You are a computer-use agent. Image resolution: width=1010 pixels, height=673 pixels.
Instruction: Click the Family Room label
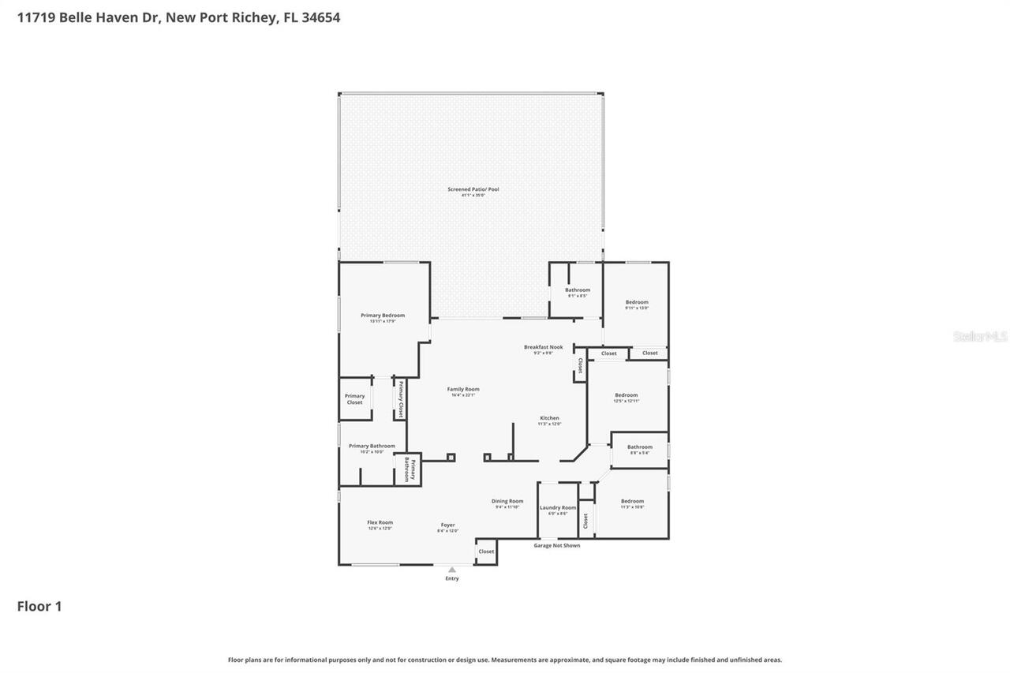[x=463, y=390]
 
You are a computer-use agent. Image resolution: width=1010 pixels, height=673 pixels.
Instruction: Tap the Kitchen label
[x=549, y=418]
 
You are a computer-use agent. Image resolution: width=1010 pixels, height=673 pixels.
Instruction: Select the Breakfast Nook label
[x=543, y=347]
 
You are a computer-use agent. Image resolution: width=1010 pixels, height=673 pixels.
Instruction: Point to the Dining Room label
[x=507, y=502]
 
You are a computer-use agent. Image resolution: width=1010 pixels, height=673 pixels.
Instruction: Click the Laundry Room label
[x=558, y=508]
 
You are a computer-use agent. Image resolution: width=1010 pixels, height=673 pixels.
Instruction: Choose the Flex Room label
[x=380, y=523]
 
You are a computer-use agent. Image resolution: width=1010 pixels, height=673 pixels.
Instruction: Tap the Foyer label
[x=447, y=525]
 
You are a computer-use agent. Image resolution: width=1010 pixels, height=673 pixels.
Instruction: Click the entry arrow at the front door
[x=451, y=569]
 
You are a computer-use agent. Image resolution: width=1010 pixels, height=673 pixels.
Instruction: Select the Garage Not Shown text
[x=556, y=545]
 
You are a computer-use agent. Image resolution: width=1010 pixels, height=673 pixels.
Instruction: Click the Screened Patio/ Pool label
[x=473, y=189]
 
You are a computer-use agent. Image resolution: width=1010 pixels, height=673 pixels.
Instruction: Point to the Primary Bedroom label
[x=383, y=316]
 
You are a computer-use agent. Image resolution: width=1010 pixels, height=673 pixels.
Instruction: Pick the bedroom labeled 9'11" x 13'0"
[x=637, y=303]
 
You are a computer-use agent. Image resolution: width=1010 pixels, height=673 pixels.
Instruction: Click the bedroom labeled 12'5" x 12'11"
[x=627, y=395]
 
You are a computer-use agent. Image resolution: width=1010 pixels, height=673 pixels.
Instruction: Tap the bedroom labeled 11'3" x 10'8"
[x=632, y=502]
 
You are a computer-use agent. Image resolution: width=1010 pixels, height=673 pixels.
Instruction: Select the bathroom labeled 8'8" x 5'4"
[x=640, y=447]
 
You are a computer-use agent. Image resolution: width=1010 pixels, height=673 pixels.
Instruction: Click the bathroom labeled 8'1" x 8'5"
[x=578, y=290]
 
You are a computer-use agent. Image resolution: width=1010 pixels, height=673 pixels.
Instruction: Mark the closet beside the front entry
[x=486, y=551]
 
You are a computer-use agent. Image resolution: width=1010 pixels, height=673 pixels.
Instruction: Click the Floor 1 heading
[x=39, y=606]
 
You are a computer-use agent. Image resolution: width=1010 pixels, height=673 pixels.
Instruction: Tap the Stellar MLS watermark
[x=980, y=337]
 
